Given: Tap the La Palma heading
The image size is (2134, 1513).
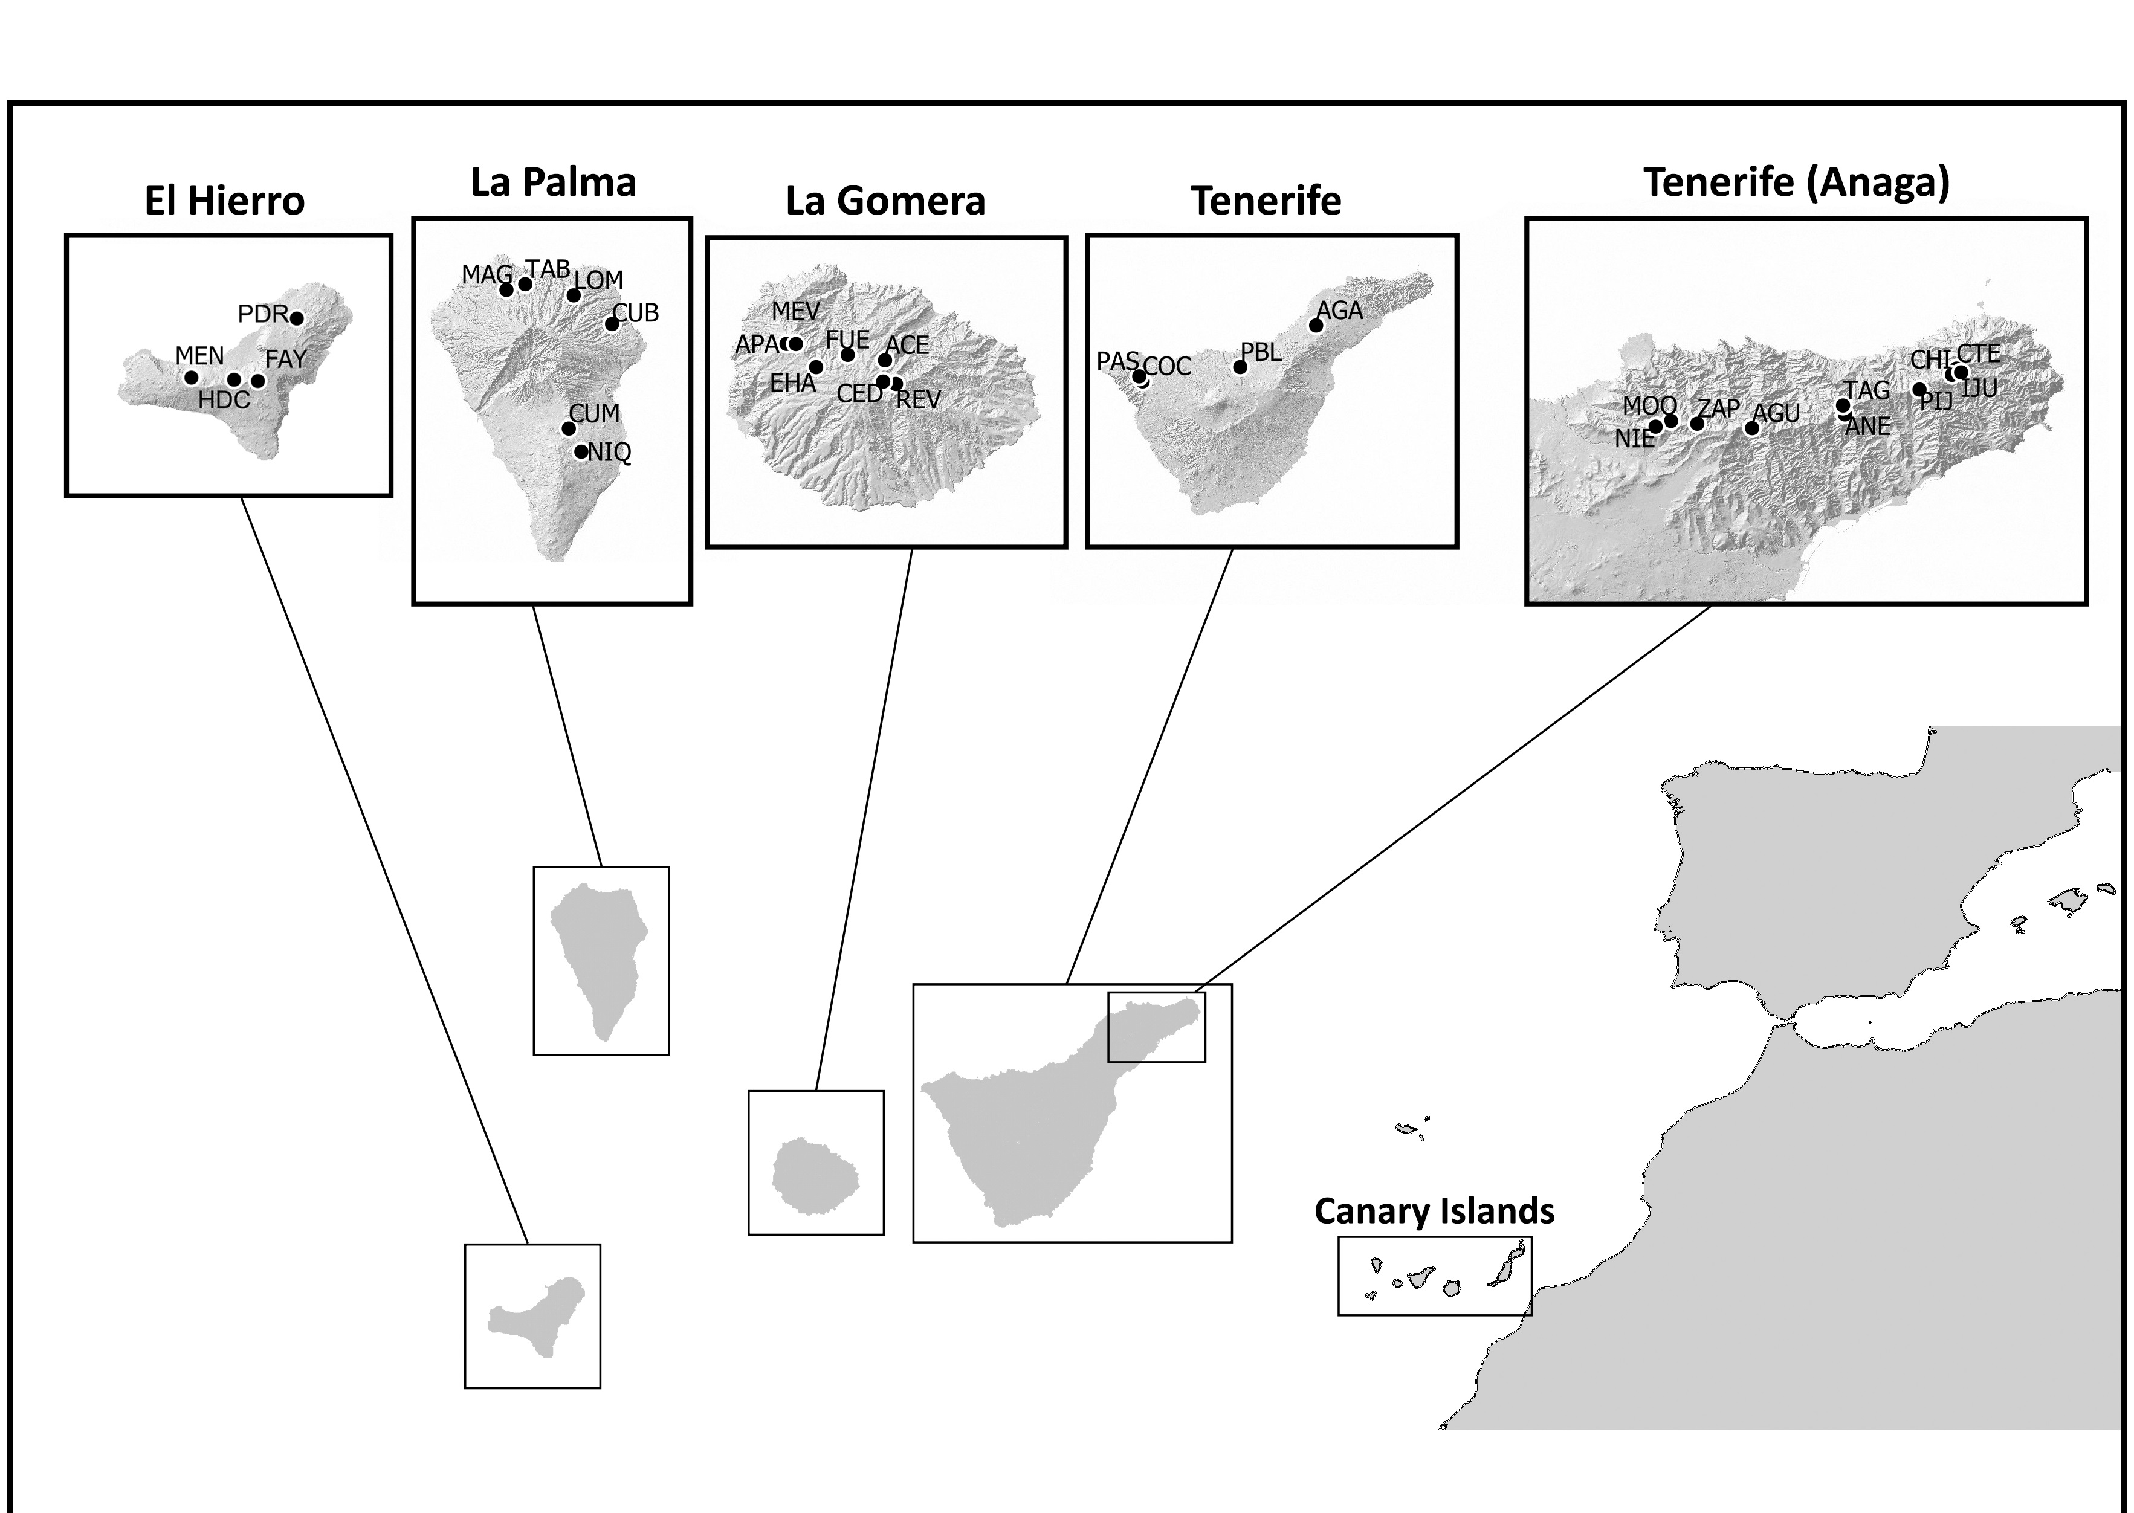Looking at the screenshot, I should point(554,182).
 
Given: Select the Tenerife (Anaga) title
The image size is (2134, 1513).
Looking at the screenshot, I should point(1796,182).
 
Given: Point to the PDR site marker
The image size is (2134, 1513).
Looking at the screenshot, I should point(296,318).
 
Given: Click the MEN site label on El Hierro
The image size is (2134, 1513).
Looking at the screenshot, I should point(199,356).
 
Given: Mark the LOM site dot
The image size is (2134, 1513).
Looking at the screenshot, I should point(574,295).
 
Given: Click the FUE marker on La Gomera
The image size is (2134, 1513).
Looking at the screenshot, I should point(847,355).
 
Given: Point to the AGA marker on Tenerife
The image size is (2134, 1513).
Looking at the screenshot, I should point(1316,325).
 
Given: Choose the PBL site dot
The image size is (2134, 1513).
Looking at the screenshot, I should point(1240,367).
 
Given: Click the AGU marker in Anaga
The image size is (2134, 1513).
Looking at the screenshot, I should point(1751,428).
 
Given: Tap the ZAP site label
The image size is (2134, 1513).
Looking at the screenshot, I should point(1718,408).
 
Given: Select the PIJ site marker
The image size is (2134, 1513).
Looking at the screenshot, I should point(1919,390).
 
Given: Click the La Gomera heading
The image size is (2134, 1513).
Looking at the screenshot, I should point(885,201).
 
